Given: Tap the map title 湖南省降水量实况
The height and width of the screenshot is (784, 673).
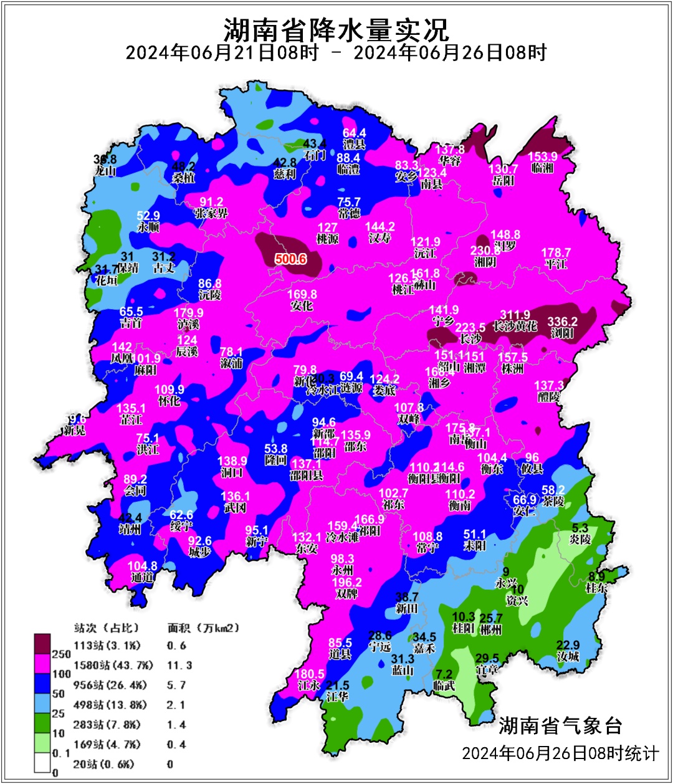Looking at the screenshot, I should pos(336,29).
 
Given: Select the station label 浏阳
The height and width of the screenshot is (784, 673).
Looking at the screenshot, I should pos(562,333).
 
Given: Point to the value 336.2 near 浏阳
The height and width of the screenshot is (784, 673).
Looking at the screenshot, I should pos(562,322).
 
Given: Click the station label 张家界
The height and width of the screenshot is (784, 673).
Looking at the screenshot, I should pos(211,213).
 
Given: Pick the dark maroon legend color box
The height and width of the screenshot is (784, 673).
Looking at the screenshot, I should pos(42,642).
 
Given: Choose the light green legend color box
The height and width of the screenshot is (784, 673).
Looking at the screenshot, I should pos(42,742).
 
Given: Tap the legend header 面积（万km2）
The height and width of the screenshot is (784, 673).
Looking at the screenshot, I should pos(203,628).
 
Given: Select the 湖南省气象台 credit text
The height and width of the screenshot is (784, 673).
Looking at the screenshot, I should pos(560,725).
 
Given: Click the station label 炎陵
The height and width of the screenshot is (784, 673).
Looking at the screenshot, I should pos(580,539).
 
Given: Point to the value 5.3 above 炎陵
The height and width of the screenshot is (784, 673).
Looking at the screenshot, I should pos(580,528).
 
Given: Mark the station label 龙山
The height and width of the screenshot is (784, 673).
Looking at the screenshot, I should pos(105,170).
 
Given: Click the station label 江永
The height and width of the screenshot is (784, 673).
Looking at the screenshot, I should pos(309,686).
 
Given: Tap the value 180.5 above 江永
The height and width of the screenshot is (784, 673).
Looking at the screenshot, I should pos(309,674).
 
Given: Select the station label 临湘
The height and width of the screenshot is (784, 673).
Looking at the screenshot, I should pos(542,168).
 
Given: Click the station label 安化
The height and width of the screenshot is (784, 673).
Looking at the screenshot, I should pos(302,305).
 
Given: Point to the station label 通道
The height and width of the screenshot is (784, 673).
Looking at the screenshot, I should pos(142,577).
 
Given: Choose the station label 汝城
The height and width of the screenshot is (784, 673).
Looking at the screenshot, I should pos(568,656).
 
